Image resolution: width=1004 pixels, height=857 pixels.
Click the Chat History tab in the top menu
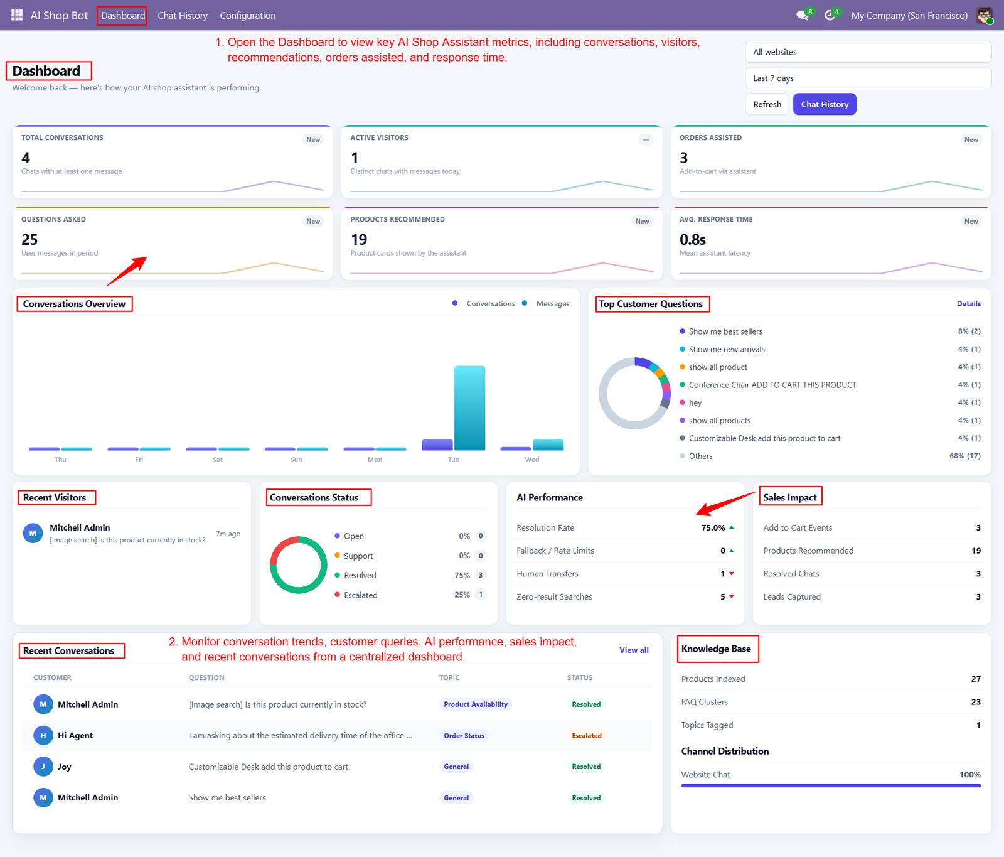(x=183, y=16)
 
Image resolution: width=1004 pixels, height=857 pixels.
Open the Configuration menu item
(x=248, y=16)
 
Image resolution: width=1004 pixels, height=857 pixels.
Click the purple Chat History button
(x=825, y=104)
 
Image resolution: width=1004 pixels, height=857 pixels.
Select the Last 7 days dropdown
(x=868, y=78)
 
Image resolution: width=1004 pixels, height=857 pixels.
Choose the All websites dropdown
(x=868, y=52)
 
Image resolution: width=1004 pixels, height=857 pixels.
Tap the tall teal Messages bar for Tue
(x=469, y=408)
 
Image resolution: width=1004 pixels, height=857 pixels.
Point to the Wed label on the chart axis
(x=532, y=460)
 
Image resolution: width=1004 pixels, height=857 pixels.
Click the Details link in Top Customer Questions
(x=969, y=304)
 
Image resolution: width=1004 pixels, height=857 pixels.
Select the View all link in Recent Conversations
(x=634, y=650)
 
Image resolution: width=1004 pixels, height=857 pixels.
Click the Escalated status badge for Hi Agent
(x=587, y=736)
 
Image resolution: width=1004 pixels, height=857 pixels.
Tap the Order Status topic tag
(x=464, y=736)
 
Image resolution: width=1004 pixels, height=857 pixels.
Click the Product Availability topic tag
(x=476, y=704)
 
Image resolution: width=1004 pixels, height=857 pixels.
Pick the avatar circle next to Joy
(x=43, y=767)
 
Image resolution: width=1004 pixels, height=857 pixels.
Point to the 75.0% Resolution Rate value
(x=713, y=528)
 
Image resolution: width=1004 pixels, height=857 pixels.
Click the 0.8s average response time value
(x=693, y=240)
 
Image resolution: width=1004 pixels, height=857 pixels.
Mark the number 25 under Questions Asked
(x=29, y=240)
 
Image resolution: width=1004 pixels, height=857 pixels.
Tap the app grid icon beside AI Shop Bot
(x=17, y=15)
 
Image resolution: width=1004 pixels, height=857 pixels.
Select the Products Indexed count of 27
(x=976, y=679)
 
